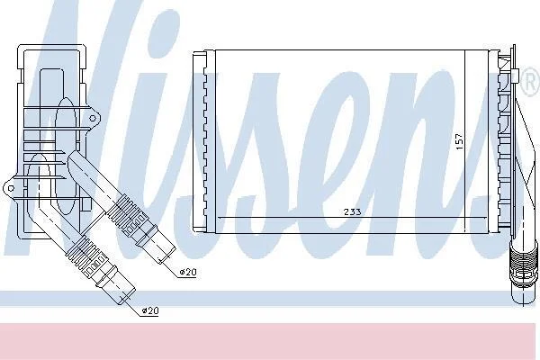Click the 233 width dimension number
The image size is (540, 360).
tap(353, 211)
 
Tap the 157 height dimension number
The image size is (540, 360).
tap(459, 141)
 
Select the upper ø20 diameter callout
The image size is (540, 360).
tap(188, 272)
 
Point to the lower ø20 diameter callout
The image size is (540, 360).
tap(150, 310)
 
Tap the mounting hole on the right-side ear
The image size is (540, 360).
tap(93, 119)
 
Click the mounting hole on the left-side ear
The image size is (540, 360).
tap(11, 188)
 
